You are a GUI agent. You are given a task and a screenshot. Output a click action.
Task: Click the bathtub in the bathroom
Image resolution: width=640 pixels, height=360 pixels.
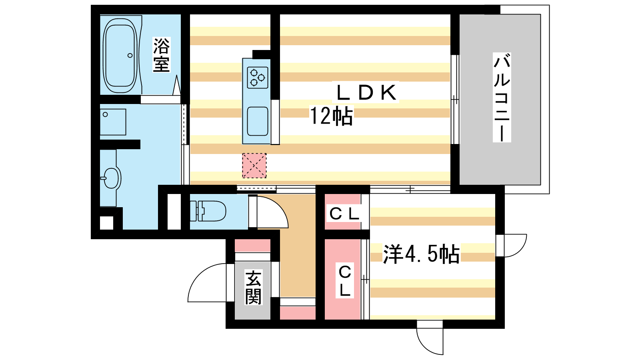coord(120,56)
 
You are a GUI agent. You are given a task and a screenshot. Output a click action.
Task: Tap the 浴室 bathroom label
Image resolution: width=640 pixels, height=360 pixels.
coord(162,54)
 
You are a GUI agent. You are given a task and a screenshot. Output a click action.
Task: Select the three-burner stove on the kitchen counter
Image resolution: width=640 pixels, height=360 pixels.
coord(258,78)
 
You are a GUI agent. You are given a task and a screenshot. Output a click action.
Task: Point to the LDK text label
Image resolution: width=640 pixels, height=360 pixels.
coord(366,92)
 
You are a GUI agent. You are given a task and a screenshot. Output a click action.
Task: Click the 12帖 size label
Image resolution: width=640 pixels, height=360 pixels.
coord(332,116)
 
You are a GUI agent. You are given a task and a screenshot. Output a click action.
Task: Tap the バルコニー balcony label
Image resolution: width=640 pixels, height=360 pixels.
coord(502,97)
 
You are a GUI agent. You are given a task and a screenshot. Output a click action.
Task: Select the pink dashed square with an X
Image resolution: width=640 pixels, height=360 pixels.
coord(254,166)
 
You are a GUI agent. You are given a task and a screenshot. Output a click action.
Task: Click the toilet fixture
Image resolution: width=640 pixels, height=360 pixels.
coord(208,211)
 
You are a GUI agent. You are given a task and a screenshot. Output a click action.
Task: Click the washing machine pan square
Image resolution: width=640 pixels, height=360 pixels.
coord(113,122)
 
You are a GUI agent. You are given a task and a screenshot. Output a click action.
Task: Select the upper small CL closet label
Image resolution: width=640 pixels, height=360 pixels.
coord(344,214)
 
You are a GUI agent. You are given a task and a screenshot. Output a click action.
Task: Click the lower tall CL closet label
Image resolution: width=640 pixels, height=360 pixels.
coord(345,281)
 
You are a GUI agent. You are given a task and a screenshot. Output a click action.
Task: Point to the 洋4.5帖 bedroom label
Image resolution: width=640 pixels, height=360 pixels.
coord(421,254)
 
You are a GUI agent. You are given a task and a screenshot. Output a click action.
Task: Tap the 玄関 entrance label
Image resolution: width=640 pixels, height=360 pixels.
coord(253,288)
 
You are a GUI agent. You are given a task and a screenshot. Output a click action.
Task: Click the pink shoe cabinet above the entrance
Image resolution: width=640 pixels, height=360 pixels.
coord(252,246)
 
